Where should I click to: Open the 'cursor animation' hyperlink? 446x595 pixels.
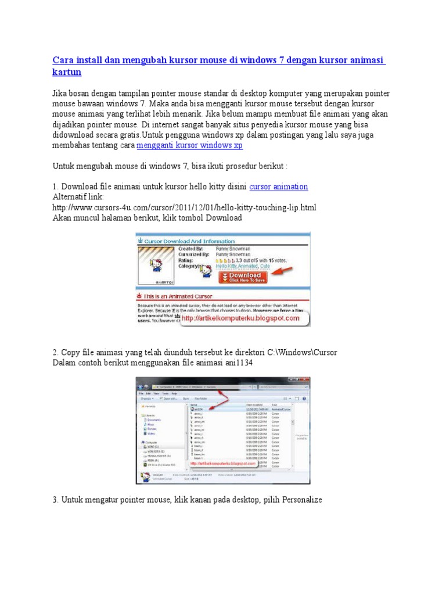click(x=278, y=187)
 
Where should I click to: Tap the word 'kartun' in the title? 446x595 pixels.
click(x=67, y=72)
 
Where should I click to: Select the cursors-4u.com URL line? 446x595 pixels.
click(x=184, y=207)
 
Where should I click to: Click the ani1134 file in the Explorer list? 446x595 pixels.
click(x=200, y=408)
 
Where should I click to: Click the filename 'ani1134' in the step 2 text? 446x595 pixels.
click(x=243, y=363)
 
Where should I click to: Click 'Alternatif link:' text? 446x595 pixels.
click(x=78, y=197)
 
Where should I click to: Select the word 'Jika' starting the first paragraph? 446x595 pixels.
click(x=60, y=94)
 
